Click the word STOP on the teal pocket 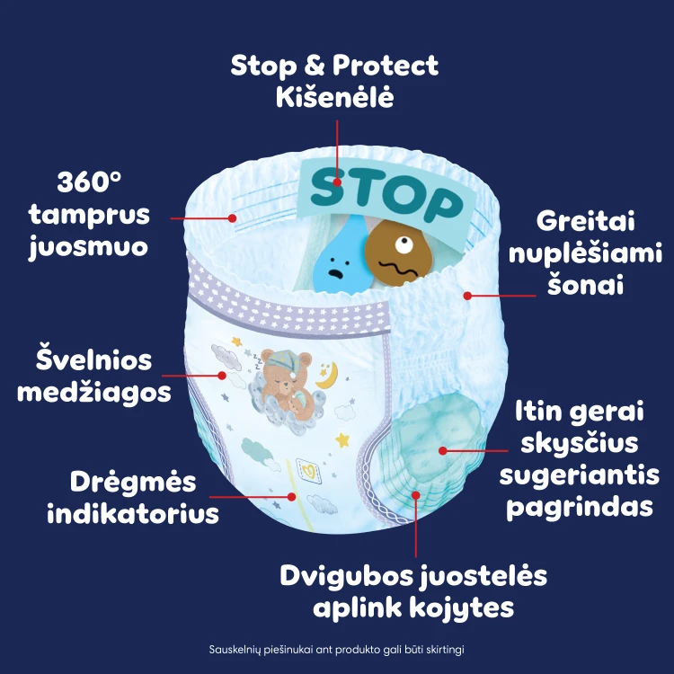click(x=386, y=196)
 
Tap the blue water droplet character click(x=340, y=257)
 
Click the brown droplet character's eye click(x=404, y=244)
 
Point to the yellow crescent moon click(x=328, y=377)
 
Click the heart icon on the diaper click(x=309, y=471)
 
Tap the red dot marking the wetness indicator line click(x=292, y=497)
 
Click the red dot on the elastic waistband click(x=232, y=218)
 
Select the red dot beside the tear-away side click(x=467, y=296)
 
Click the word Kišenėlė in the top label click(x=335, y=97)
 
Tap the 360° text click(x=89, y=182)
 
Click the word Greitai click(x=585, y=222)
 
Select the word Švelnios click(x=93, y=359)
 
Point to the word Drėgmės click(x=133, y=482)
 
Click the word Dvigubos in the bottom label click(x=346, y=576)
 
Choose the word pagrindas click(x=580, y=508)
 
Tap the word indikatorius click(x=133, y=513)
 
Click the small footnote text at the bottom click(x=337, y=649)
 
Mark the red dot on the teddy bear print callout click(x=222, y=376)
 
